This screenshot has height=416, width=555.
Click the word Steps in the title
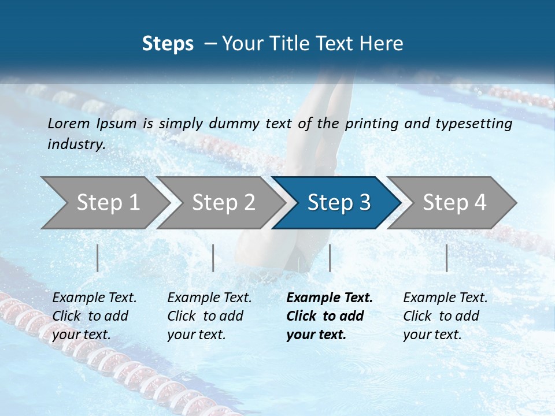point(168,43)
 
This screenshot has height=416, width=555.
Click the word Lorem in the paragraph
point(68,123)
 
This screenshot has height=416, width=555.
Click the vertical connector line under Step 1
point(98,258)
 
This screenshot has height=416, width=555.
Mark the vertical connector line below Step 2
point(213,258)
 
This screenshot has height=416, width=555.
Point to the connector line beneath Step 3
point(330,258)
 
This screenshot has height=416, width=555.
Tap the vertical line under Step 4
point(447,258)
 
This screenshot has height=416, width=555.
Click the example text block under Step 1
point(94,316)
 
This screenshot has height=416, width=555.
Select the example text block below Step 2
point(209,316)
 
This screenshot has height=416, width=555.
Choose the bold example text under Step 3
point(330,316)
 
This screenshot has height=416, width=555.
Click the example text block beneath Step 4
point(445,316)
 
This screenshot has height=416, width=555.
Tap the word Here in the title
point(384,43)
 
